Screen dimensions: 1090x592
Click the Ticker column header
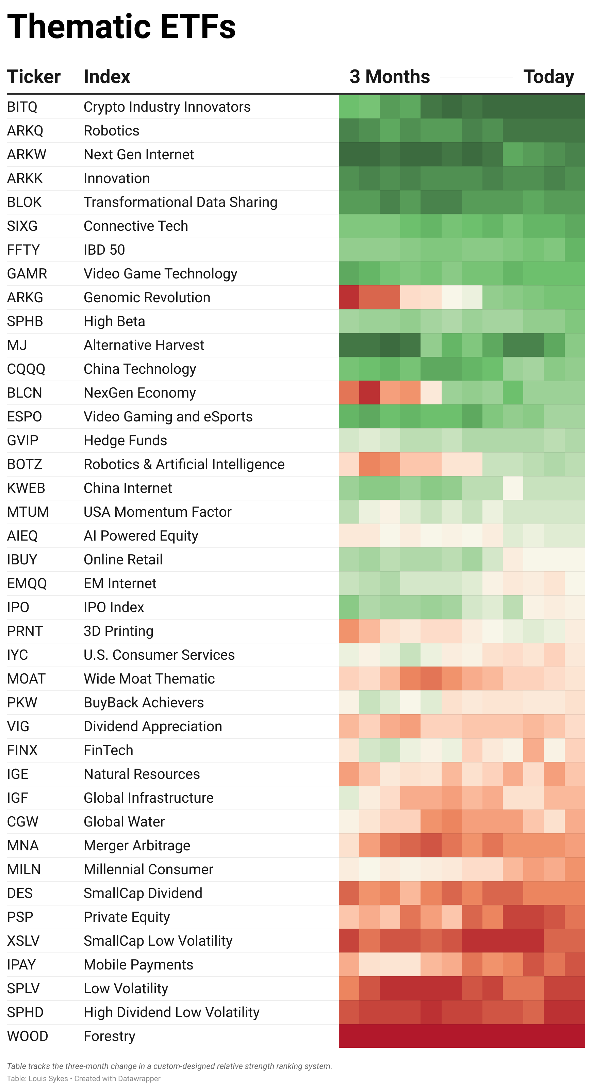[x=34, y=77]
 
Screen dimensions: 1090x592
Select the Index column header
[x=107, y=77]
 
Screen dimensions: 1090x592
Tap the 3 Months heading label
[x=390, y=77]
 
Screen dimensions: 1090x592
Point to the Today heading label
[x=548, y=77]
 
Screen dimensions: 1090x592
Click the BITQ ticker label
[x=22, y=107]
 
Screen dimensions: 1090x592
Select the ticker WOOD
[x=28, y=1036]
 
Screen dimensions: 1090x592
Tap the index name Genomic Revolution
[x=147, y=298]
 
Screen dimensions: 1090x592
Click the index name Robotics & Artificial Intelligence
[x=184, y=464]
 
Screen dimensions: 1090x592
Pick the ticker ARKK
[x=25, y=179]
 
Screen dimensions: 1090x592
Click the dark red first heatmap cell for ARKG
[x=349, y=298]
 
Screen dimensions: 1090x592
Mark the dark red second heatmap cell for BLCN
[x=369, y=393]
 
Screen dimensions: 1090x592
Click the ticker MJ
[x=17, y=345]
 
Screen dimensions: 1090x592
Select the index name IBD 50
[x=104, y=250]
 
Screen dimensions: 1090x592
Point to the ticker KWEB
[x=26, y=488]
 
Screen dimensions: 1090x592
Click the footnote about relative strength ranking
[x=169, y=1066]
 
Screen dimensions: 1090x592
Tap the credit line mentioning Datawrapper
[x=84, y=1078]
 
